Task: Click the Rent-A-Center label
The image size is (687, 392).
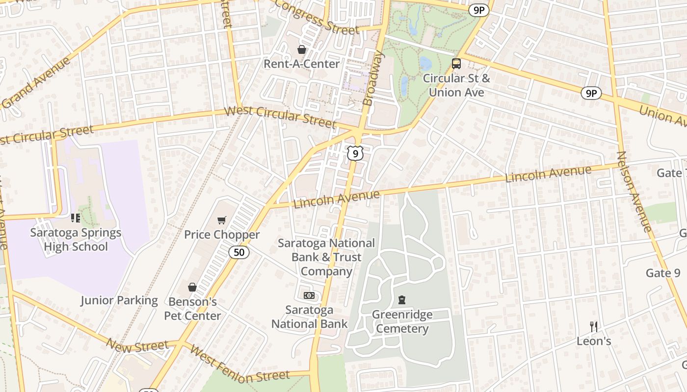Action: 301,64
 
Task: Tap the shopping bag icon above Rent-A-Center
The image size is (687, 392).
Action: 301,49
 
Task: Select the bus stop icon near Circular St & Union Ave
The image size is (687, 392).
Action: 456,63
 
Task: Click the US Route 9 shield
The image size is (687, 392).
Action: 355,153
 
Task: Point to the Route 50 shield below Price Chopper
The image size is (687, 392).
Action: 239,252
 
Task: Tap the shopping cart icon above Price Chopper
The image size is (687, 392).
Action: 222,220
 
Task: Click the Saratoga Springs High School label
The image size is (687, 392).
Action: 76,239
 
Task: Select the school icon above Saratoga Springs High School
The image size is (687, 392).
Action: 76,218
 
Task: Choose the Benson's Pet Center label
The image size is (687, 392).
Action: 192,309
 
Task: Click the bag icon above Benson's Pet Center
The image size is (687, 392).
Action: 192,287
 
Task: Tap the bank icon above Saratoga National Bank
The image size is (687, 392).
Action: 309,295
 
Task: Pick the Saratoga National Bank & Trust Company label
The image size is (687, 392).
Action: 326,257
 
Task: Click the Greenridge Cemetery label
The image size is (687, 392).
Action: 402,321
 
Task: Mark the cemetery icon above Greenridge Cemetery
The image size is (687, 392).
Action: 402,300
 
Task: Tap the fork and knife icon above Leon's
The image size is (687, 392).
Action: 594,326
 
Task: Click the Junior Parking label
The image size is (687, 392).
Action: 119,300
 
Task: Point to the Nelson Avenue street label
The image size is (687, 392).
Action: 634,191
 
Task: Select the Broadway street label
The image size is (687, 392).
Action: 373,78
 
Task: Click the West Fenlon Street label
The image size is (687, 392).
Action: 239,365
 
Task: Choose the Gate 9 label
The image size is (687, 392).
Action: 663,273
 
